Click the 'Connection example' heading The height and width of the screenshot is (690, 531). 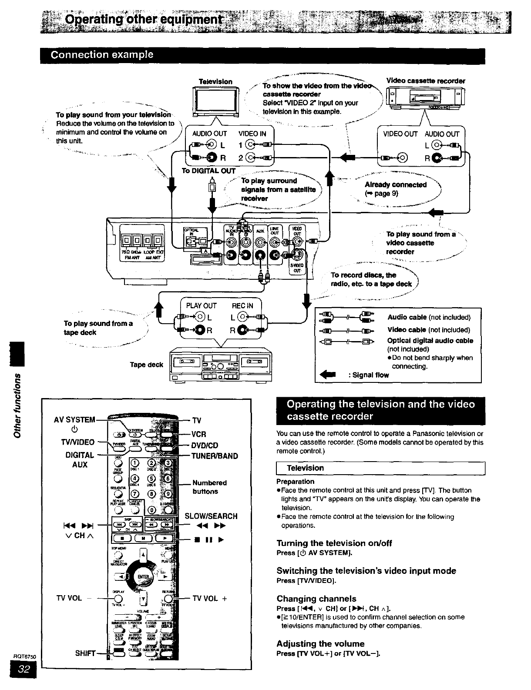tap(102, 55)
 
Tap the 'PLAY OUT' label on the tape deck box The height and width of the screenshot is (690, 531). tap(201, 306)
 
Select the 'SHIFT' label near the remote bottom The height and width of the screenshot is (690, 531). tap(85, 653)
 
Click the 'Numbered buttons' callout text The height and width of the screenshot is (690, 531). tap(209, 487)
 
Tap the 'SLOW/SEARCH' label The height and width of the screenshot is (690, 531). tap(211, 516)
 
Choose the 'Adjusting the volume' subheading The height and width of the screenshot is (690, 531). tap(320, 643)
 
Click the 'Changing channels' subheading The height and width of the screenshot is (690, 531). tap(316, 599)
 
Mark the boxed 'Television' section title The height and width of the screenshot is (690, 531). tap(305, 468)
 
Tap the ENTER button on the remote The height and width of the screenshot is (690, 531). tap(142, 577)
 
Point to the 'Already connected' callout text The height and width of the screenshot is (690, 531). tap(396, 184)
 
